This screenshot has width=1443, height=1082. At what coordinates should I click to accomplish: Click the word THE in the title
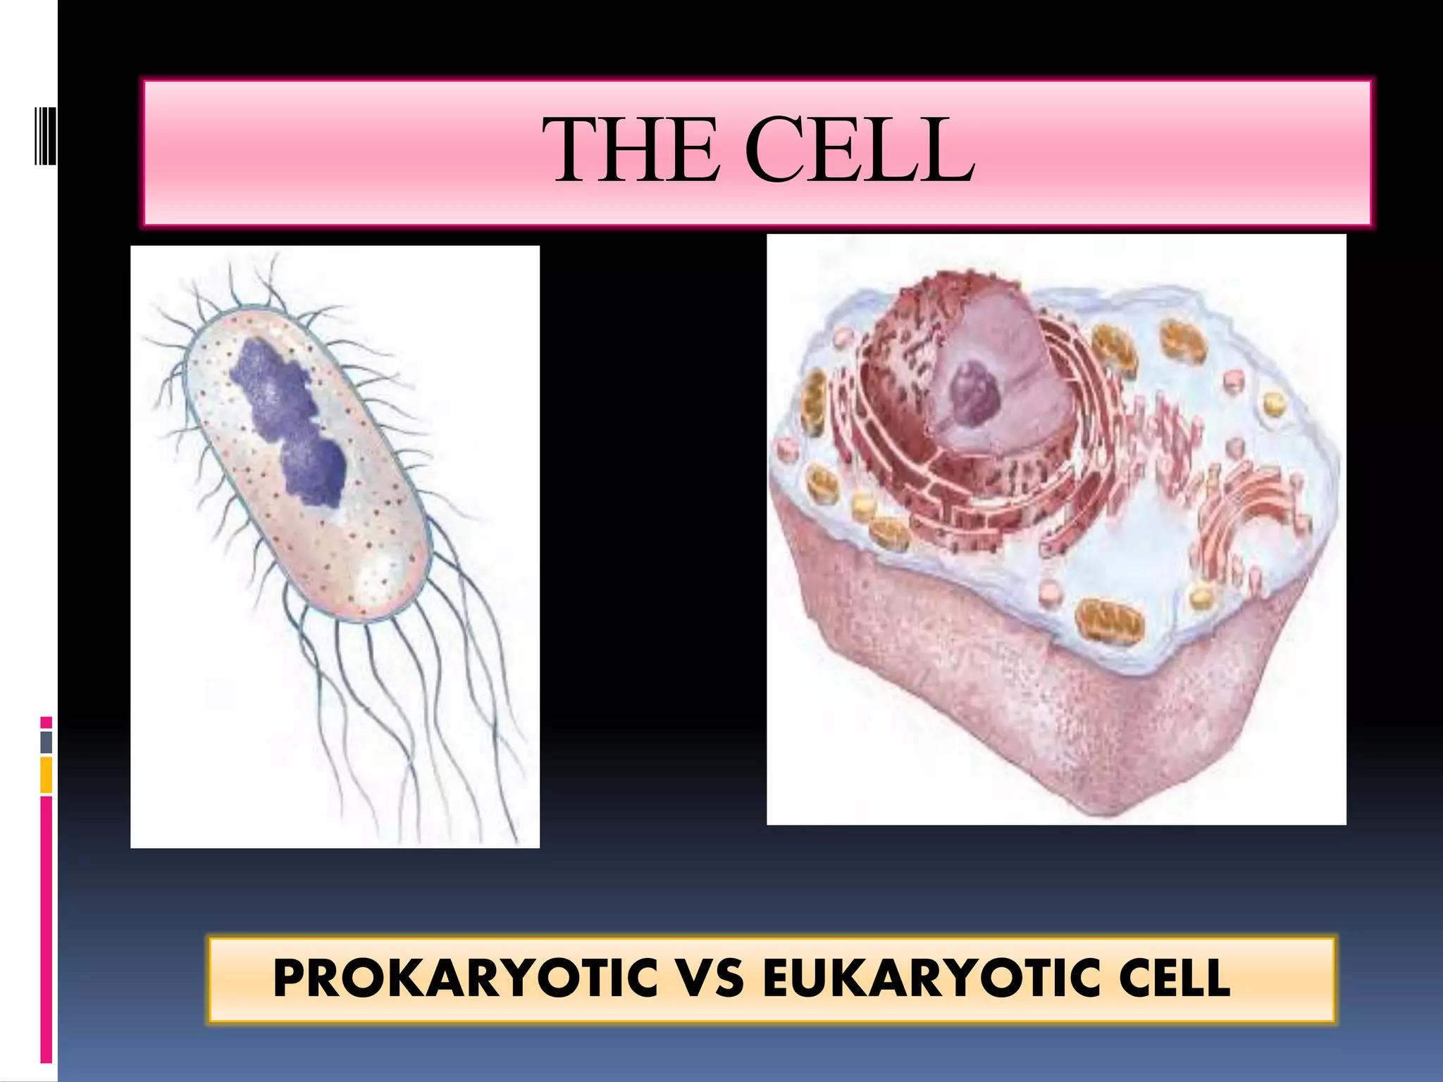631,151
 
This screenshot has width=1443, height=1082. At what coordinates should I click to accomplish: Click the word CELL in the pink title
860,151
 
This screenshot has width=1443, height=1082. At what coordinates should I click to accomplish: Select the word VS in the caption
707,978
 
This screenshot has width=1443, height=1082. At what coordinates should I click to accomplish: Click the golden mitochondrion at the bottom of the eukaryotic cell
1110,621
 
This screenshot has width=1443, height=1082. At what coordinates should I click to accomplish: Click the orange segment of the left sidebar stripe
47,775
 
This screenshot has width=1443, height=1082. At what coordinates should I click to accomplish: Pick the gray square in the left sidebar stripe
47,742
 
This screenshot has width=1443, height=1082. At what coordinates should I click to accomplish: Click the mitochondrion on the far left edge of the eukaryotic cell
814,402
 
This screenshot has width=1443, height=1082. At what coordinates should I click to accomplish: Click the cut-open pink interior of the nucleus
1001,352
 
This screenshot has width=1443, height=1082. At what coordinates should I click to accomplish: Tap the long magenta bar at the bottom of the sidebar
47,930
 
